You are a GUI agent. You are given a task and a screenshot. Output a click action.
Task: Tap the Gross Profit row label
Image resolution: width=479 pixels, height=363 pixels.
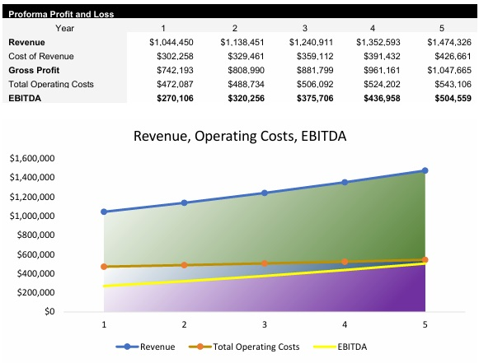click(34, 70)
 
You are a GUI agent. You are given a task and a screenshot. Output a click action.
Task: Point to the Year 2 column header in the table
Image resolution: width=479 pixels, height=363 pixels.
click(235, 28)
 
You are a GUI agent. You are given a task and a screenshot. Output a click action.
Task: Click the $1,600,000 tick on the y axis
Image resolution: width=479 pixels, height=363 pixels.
click(31, 157)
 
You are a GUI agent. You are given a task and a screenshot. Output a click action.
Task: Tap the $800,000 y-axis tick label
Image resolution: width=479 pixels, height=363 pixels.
click(35, 235)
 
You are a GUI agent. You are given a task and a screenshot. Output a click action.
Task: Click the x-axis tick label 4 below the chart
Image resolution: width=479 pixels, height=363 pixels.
click(345, 325)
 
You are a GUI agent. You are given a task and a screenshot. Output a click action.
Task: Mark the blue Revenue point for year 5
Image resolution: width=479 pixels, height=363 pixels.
click(425, 170)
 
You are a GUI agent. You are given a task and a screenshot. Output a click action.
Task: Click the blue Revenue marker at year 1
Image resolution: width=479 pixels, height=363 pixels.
click(104, 212)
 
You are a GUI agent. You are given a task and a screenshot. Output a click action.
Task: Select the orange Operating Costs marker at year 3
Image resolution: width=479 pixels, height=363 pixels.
click(265, 263)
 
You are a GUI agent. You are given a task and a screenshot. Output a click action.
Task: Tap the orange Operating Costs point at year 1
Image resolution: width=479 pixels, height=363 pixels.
click(104, 267)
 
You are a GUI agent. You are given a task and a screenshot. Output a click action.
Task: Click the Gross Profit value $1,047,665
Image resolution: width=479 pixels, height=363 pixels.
click(448, 70)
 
